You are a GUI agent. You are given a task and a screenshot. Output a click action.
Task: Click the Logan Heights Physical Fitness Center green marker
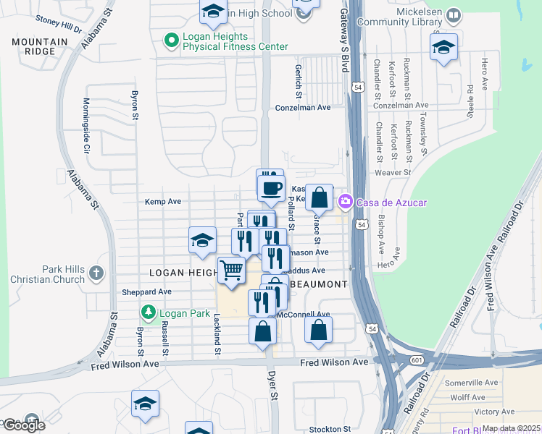coord(172,41)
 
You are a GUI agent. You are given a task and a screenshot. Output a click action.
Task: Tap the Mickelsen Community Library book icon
coord(454,15)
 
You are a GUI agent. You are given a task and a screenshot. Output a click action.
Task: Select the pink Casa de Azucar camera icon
coord(345,201)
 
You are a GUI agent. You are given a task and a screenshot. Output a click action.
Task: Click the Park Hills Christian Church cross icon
coord(97,273)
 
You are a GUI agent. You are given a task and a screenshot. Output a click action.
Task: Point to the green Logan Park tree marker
coord(149,312)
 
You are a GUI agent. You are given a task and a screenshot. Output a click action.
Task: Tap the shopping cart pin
coord(231,271)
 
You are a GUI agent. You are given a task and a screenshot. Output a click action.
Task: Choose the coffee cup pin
coord(272,189)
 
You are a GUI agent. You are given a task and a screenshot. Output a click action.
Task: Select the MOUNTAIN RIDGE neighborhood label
coord(34,47)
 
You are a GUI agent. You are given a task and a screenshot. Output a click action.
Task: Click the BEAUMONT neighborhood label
coord(318,284)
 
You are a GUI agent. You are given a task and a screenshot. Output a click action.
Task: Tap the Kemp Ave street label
coord(162,202)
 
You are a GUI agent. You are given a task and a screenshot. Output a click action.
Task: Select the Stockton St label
coord(330,429)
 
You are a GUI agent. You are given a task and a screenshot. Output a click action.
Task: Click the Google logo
coord(24,425)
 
